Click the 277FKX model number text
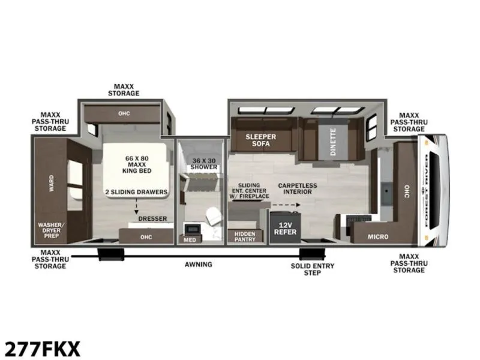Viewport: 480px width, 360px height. pos(43,349)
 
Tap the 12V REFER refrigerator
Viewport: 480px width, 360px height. pos(285,227)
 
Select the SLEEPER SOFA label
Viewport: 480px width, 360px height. pos(261,140)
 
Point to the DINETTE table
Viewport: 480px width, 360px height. pos(333,142)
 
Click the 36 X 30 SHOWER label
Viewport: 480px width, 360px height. pos(203,164)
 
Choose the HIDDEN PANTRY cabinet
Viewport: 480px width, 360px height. pos(245,236)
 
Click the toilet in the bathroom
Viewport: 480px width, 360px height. pos(214,216)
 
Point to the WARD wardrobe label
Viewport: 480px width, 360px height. pos(52,184)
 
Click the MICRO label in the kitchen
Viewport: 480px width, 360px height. pos(378,236)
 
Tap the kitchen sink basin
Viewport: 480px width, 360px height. pos(386,193)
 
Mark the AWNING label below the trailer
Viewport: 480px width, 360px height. pos(199,264)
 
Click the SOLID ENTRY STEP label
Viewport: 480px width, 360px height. pos(313,269)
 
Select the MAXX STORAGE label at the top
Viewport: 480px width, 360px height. pos(124,90)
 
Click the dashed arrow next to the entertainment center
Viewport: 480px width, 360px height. pos(287,205)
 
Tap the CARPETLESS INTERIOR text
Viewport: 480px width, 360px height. pos(297,188)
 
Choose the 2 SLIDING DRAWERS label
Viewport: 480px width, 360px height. pos(137,192)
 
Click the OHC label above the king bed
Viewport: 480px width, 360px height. pos(124,113)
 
